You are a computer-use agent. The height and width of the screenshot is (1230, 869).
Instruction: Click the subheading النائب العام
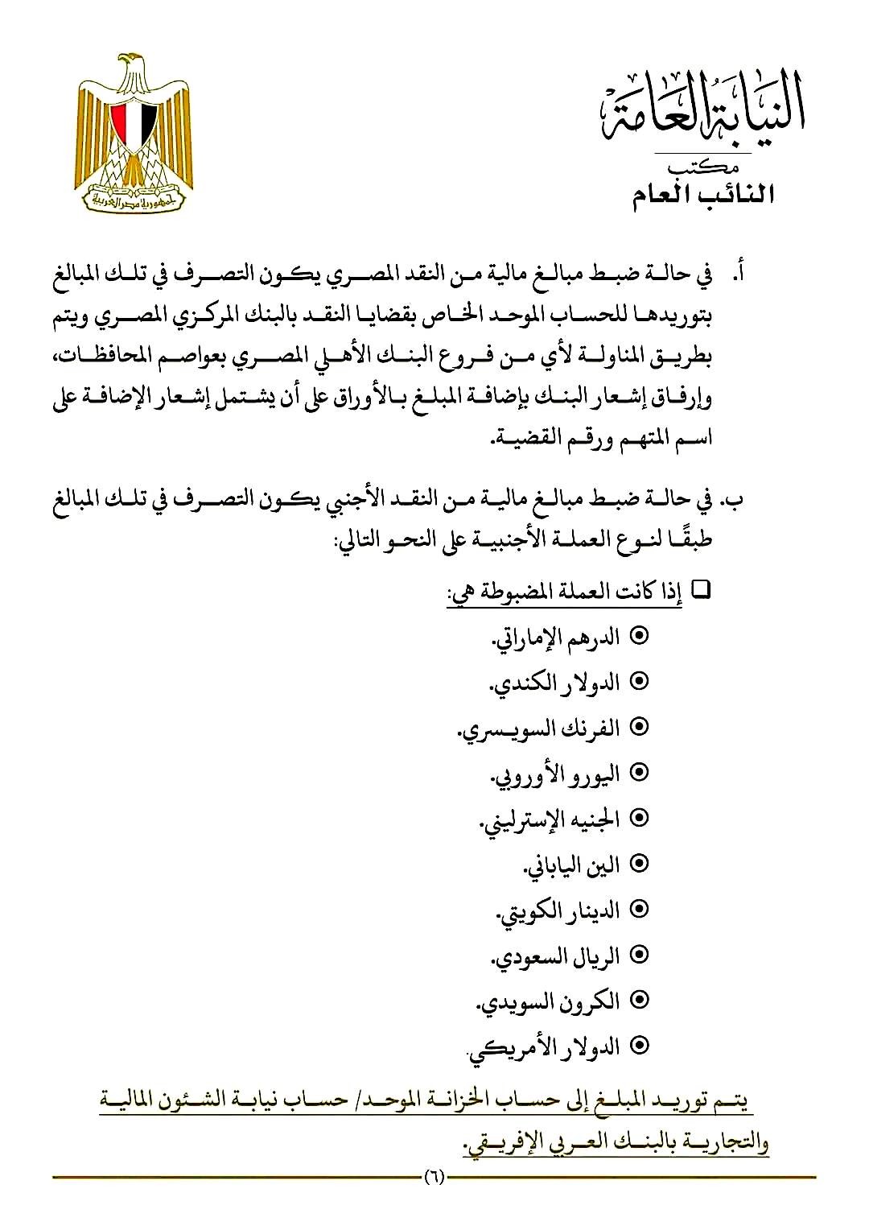coord(702,196)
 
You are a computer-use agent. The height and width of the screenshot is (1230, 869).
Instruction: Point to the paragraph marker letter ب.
coord(735,501)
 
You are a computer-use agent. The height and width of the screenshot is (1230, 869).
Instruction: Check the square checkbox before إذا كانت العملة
coord(700,590)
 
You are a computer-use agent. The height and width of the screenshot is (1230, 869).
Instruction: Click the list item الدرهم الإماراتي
coord(556,637)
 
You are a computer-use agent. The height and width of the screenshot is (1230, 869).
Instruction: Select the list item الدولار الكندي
coord(555,683)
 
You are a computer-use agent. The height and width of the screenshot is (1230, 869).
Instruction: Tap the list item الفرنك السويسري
coord(539,729)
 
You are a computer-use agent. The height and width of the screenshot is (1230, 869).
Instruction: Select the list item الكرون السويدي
coord(548,1001)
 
